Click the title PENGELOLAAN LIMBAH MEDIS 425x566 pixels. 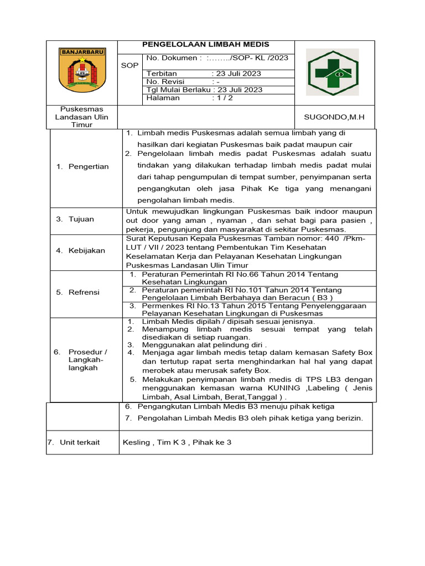tap(206, 45)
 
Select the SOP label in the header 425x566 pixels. tap(129, 65)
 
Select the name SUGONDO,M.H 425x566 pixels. tap(335, 117)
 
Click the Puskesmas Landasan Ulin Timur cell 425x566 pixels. tap(82, 117)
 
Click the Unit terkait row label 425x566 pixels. tap(77, 442)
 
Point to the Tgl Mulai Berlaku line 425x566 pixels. tap(204, 90)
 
